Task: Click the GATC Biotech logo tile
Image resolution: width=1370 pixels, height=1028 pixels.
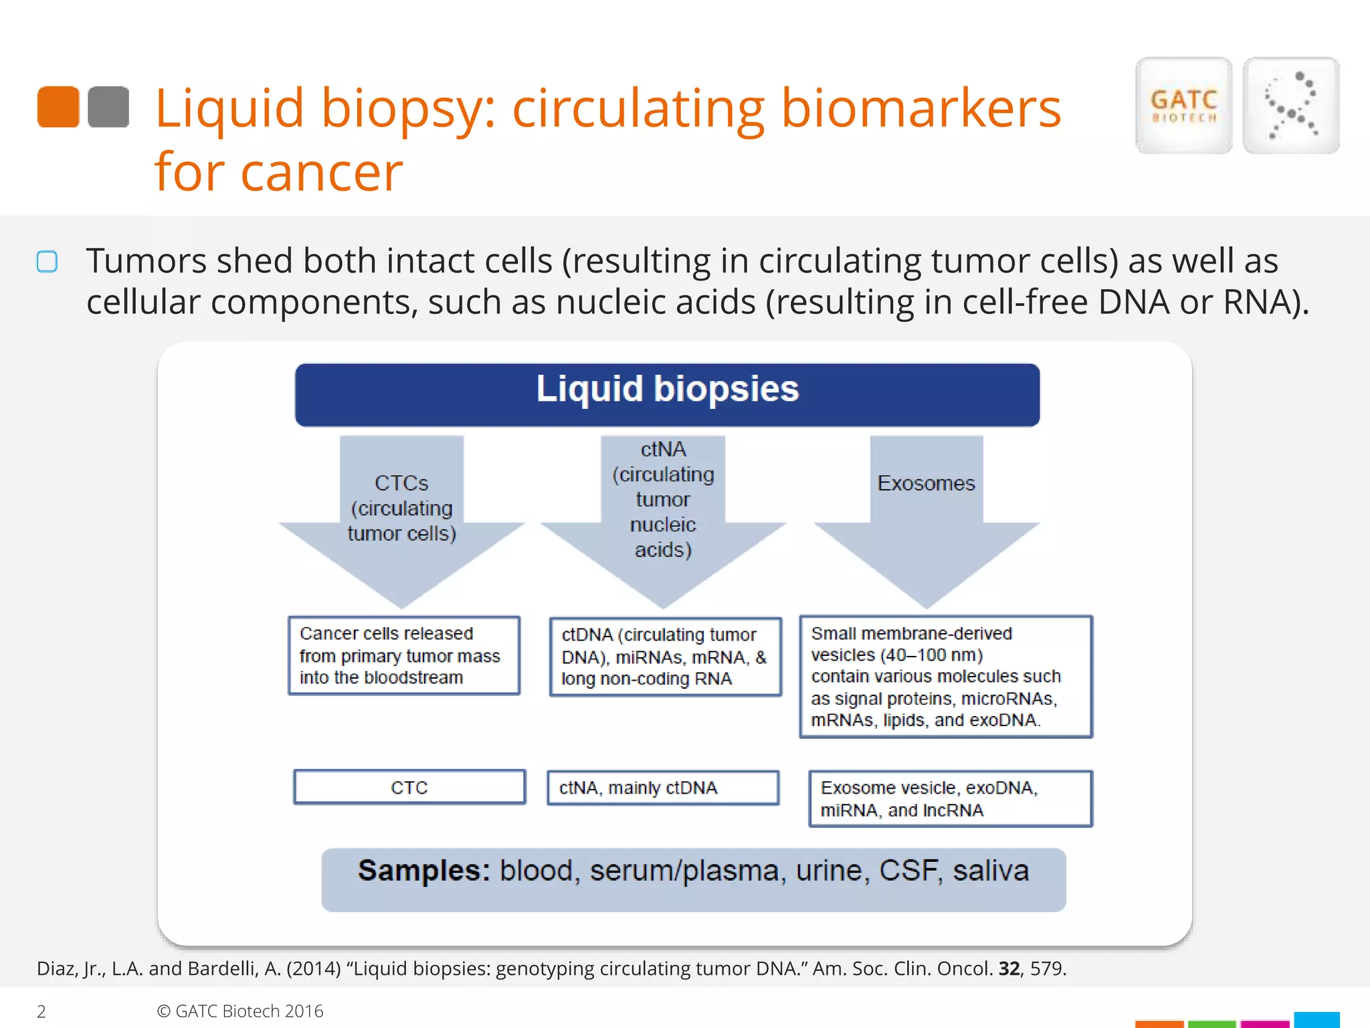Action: point(1183,106)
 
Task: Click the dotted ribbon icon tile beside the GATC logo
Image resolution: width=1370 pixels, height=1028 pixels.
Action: point(1290,106)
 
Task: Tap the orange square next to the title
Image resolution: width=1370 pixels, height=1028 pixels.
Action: point(58,106)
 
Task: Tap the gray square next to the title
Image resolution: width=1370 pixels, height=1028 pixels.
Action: point(108,106)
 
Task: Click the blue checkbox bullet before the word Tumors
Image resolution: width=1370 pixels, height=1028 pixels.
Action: point(47,261)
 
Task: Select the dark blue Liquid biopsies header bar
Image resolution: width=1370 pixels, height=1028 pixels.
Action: point(667,395)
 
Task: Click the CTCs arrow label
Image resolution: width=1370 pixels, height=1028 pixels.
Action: point(401,508)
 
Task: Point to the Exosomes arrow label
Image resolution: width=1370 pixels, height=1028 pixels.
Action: point(926,483)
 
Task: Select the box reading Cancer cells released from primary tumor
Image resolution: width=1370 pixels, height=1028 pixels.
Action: point(404,655)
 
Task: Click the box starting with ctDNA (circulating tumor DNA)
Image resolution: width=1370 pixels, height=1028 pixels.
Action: point(665,657)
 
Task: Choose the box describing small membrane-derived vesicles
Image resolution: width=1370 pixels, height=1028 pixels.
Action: point(945,677)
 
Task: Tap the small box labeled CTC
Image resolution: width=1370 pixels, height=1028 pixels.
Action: point(409,787)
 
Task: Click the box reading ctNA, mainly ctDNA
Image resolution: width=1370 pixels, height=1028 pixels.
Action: point(663,788)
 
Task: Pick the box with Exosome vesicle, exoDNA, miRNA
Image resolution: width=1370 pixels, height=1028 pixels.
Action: point(950,798)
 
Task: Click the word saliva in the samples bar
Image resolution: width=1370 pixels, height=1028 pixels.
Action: point(991,871)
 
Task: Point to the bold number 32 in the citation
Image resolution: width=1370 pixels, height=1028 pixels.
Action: point(1009,968)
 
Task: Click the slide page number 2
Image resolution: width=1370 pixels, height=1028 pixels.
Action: point(41,1011)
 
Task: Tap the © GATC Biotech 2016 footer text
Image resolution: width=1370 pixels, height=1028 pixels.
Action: point(240,1011)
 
